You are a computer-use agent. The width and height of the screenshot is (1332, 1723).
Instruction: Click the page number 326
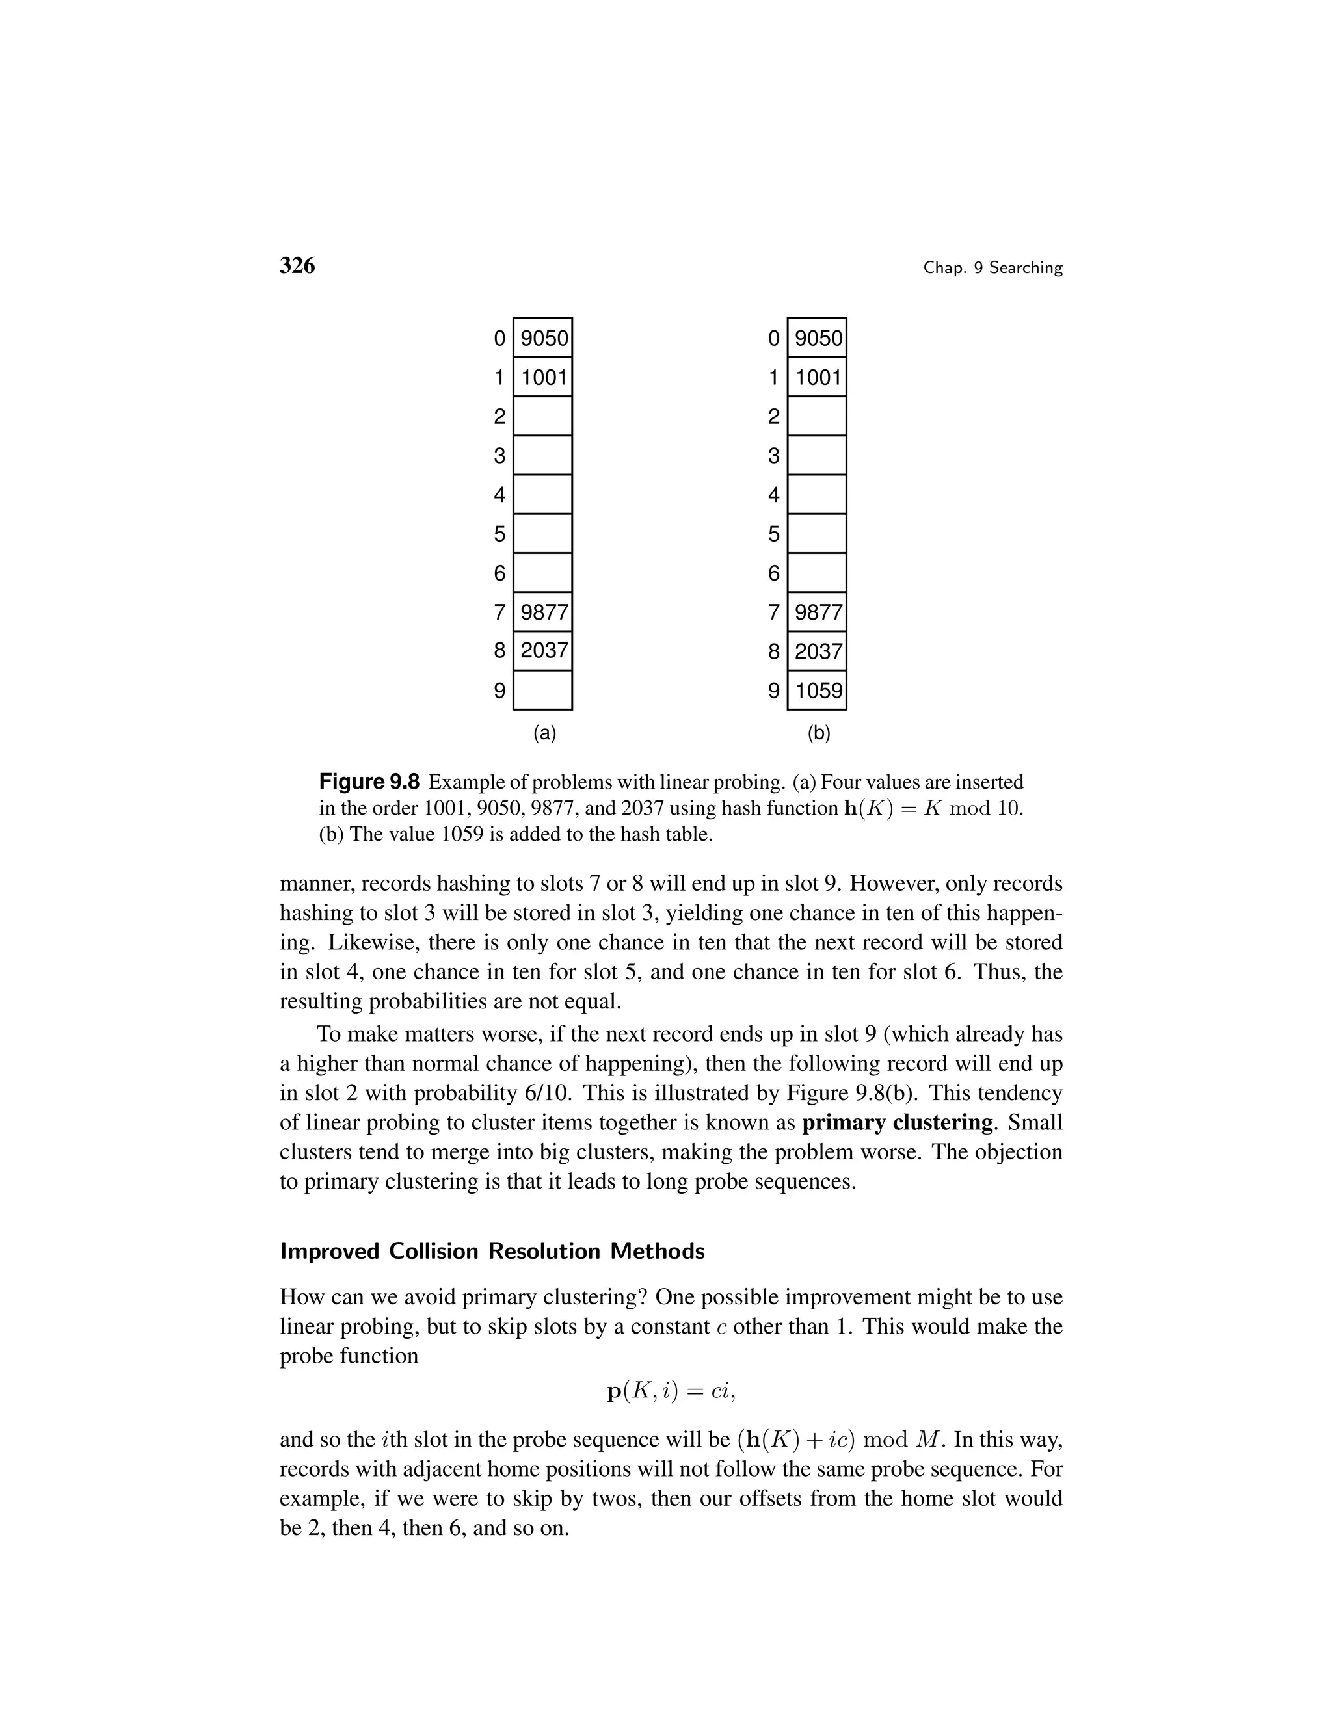(x=297, y=266)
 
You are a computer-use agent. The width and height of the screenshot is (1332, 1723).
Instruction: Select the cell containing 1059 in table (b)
(x=818, y=691)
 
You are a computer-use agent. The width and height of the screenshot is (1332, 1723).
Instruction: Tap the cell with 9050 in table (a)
(x=543, y=339)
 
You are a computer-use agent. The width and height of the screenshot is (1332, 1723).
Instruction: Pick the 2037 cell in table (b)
(x=818, y=651)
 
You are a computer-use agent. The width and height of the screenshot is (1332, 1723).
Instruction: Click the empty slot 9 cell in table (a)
(x=543, y=691)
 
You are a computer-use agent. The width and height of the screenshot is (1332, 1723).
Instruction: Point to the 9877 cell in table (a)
(x=543, y=612)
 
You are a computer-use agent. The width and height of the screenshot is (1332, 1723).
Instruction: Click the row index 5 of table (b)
(x=773, y=534)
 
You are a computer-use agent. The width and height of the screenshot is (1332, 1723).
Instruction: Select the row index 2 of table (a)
(x=499, y=417)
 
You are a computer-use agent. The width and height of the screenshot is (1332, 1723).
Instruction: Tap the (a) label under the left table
(x=544, y=733)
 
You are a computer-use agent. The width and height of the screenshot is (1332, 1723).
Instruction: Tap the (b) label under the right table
(x=818, y=733)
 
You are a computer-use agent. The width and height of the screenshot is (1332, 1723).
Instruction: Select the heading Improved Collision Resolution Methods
(x=492, y=1251)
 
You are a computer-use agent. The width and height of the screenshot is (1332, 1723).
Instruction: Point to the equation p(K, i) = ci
(x=671, y=1391)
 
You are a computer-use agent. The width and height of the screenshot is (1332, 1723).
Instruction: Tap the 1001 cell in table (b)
(x=818, y=377)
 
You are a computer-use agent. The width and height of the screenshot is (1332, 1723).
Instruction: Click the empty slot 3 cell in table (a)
(x=543, y=455)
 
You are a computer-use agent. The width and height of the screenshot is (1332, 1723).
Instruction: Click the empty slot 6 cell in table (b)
(x=818, y=573)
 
